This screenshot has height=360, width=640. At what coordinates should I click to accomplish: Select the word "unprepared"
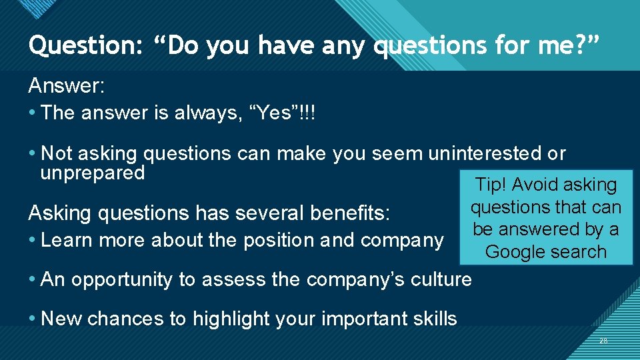(93, 173)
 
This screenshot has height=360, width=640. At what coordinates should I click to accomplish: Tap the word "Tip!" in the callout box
(492, 185)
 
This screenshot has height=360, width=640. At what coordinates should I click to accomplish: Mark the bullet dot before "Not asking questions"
(33, 153)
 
